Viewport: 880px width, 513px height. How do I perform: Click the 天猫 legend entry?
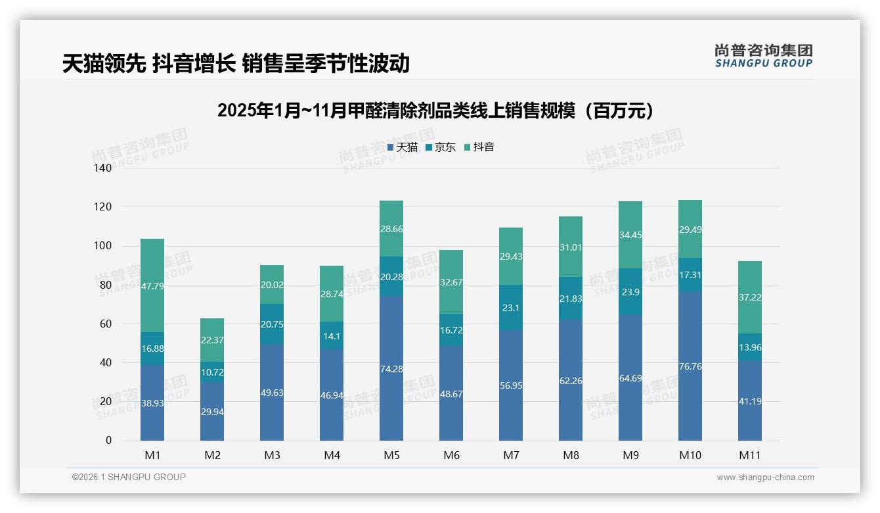click(403, 147)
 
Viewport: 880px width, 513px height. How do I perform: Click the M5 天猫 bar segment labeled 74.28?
click(391, 368)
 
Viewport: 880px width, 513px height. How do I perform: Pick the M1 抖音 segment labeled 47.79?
click(152, 286)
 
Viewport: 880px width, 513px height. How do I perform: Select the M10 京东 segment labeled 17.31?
click(690, 274)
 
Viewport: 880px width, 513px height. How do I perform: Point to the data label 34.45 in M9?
click(630, 235)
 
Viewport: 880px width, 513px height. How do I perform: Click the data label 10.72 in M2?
click(212, 372)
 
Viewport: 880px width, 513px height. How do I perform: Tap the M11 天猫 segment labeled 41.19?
click(750, 401)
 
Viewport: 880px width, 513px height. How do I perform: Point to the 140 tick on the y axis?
click(103, 168)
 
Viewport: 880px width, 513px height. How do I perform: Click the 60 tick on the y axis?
click(106, 324)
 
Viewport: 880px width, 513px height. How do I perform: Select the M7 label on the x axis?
click(511, 455)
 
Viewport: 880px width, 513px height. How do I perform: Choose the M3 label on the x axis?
click(272, 455)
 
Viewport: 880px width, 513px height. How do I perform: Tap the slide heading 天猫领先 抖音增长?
click(236, 63)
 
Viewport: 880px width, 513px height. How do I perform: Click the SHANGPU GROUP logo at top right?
click(764, 55)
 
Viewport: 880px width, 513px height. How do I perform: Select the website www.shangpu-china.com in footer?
click(765, 477)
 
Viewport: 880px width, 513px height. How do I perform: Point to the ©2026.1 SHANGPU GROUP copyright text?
click(129, 477)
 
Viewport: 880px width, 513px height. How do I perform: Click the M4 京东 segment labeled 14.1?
click(332, 335)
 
